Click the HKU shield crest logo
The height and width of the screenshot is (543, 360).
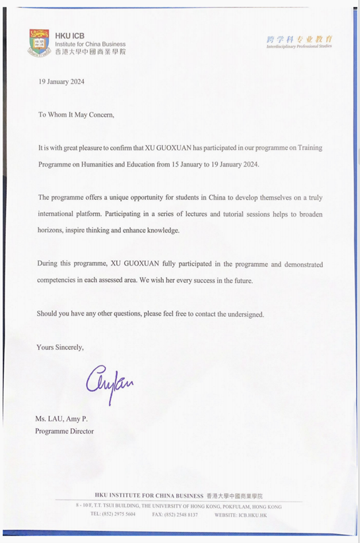pos(39,43)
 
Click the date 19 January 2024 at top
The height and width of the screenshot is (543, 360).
pos(62,82)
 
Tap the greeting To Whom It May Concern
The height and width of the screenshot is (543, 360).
pos(76,114)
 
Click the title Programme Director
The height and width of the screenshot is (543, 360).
pos(64,431)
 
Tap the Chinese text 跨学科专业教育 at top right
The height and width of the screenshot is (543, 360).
pos(299,39)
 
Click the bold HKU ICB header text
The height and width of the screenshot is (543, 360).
pos(70,36)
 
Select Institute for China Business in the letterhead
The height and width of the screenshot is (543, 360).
pos(90,44)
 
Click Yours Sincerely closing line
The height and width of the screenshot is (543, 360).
pos(60,347)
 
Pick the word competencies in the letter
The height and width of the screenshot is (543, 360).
pos(56,281)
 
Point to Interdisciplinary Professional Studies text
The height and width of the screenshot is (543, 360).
pos(298,47)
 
